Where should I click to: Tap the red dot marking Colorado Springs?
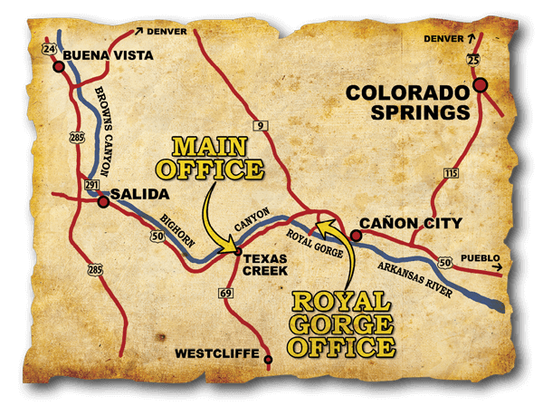(480, 85)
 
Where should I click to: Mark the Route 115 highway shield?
(450, 172)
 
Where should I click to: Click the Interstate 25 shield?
(472, 60)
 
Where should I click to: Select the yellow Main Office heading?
(210, 157)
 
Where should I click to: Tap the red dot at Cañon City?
(356, 236)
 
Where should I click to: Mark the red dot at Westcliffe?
(268, 360)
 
